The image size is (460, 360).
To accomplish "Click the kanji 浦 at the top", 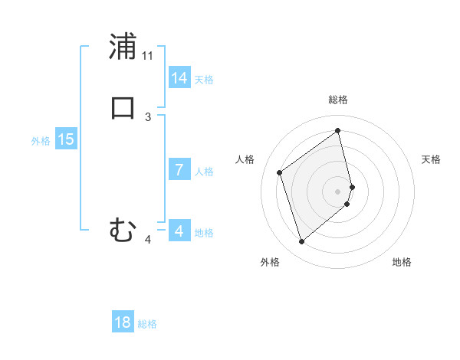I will pyautogui.click(x=123, y=47).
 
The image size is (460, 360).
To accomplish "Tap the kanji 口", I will pyautogui.click(x=123, y=108).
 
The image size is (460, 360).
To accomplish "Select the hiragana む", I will pyautogui.click(x=123, y=229).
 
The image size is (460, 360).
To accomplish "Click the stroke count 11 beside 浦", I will pyautogui.click(x=148, y=56).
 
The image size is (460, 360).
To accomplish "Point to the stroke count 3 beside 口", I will pyautogui.click(x=148, y=116).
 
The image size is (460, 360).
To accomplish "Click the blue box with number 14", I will pyautogui.click(x=179, y=78).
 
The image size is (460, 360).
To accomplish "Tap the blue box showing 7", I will pyautogui.click(x=179, y=170).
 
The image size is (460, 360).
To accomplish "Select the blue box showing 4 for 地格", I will pyautogui.click(x=179, y=231).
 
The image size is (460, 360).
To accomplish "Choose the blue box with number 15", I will pyautogui.click(x=66, y=139).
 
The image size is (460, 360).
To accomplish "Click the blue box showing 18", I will pyautogui.click(x=123, y=322).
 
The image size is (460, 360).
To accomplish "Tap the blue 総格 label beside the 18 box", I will pyautogui.click(x=147, y=324).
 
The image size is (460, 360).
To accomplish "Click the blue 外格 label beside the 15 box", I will pyautogui.click(x=41, y=141).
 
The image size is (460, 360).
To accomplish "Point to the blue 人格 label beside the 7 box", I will pyautogui.click(x=205, y=172).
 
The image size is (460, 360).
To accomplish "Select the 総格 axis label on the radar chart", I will pyautogui.click(x=338, y=100).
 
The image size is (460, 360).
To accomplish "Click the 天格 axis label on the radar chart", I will pyautogui.click(x=432, y=159).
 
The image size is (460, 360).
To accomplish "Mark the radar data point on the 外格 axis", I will pyautogui.click(x=302, y=242).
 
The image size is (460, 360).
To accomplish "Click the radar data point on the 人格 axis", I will pyautogui.click(x=280, y=172).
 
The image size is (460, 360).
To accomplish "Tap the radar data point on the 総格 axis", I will pyautogui.click(x=338, y=130).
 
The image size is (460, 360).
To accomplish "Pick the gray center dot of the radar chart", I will pyautogui.click(x=338, y=191).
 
